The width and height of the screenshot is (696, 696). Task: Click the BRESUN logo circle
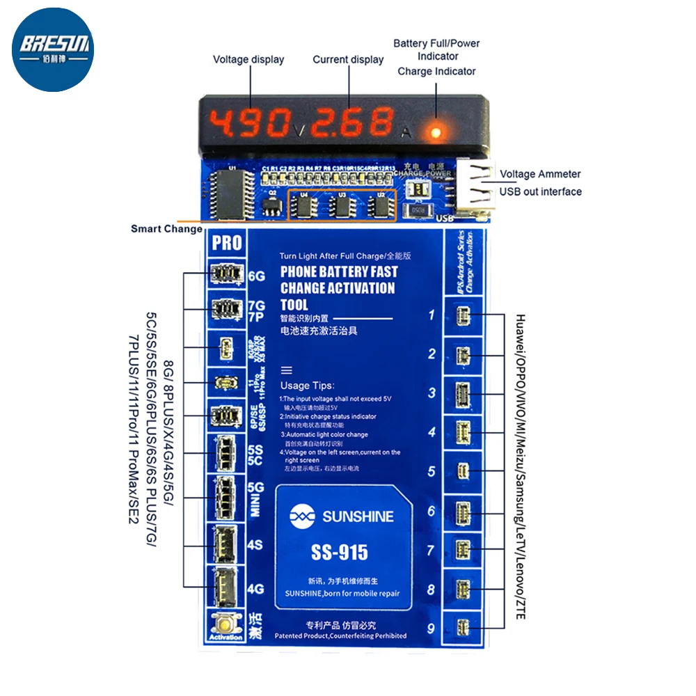[x=53, y=51]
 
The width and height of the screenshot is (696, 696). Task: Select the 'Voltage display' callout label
[x=248, y=60]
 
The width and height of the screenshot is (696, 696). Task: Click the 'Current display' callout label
[x=348, y=60]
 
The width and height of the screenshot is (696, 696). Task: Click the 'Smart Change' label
[x=167, y=229]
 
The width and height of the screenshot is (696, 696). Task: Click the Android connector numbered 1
[x=463, y=317]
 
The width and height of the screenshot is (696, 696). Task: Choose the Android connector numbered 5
[x=463, y=471]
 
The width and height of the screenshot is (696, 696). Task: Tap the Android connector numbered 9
[x=463, y=629]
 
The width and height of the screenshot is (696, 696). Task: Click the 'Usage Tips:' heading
[x=307, y=386]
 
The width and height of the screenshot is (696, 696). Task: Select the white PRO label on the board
[x=227, y=243]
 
